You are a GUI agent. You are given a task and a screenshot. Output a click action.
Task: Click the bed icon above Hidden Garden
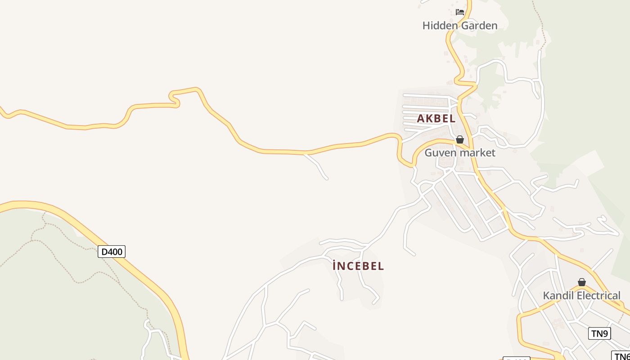point(459,12)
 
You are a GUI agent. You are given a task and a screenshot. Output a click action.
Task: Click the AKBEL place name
point(436,119)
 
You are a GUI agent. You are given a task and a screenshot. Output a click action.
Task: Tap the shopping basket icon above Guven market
point(460,140)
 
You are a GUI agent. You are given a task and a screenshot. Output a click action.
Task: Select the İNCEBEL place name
point(358,266)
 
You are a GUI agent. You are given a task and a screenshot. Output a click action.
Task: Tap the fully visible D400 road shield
point(112,252)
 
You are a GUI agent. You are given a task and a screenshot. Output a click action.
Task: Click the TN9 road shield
point(599,333)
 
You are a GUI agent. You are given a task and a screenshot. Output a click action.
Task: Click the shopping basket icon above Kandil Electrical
point(582,283)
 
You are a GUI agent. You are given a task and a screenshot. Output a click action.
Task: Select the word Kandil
point(558,296)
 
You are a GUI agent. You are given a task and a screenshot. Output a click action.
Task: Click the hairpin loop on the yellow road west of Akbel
point(174,99)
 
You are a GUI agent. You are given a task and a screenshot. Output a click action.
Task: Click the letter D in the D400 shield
point(104,252)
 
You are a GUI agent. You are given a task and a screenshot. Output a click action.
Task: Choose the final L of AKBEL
point(453,119)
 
